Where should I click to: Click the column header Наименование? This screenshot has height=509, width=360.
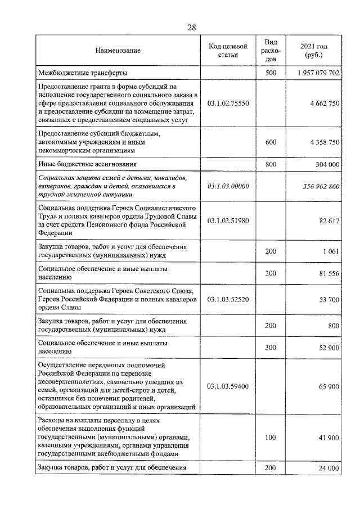point(118,51)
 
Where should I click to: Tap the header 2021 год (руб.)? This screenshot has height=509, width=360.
point(314,51)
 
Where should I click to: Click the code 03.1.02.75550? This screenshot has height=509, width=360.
point(228,103)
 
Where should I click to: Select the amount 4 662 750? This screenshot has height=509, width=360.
point(323,103)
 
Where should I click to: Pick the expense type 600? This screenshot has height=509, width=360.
point(271,143)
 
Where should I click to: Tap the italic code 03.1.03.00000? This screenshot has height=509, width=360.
point(228,186)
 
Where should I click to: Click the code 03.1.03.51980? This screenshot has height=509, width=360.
point(228,221)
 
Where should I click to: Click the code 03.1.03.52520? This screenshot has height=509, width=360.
point(228,300)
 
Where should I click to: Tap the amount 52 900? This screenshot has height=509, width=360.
point(327,348)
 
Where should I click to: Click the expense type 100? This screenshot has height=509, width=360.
point(271,437)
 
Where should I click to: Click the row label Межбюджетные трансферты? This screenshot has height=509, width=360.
point(82,74)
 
